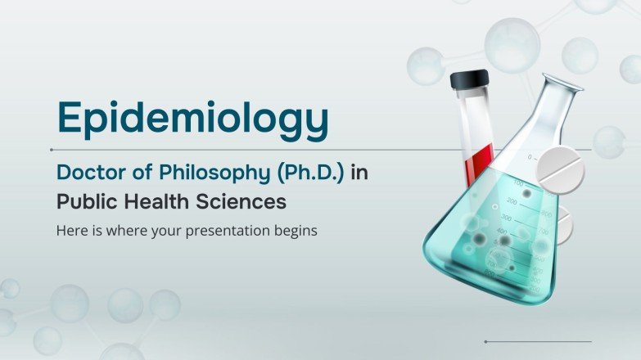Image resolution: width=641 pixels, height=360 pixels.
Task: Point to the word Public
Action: (x=83, y=200)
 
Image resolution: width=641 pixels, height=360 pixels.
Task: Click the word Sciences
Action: (x=233, y=200)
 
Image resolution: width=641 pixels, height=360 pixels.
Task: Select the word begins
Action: (x=291, y=231)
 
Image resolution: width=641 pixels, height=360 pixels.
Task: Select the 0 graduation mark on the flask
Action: (x=530, y=155)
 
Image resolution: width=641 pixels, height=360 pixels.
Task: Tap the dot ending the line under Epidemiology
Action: (x=52, y=150)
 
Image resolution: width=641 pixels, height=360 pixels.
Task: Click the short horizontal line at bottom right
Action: (x=538, y=341)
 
